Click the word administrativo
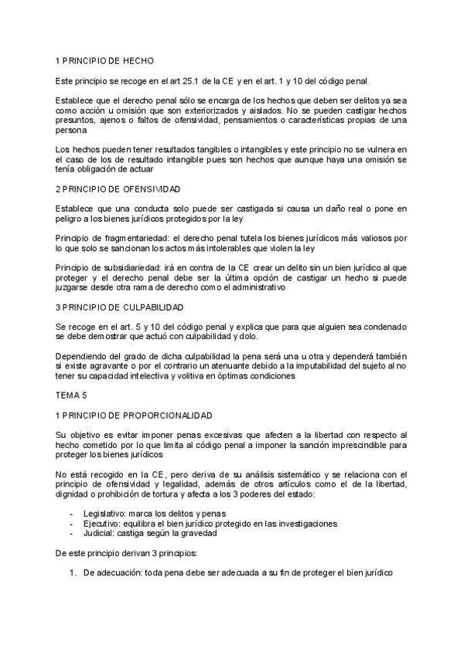[x=255, y=288]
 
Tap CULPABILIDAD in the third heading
[x=147, y=307]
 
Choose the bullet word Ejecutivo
[x=102, y=523]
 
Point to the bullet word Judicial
[x=99, y=533]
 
